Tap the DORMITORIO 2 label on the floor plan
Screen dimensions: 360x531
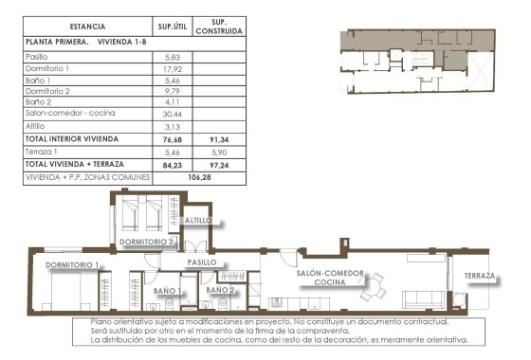(x=146, y=243)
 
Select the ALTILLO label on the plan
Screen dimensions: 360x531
(x=198, y=220)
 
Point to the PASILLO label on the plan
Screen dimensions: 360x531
(x=202, y=262)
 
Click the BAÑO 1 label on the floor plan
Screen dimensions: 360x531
(x=166, y=290)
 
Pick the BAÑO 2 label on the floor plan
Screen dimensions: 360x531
(x=220, y=290)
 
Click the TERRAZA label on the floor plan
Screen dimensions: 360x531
(x=481, y=277)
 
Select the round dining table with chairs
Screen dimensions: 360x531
(x=375, y=280)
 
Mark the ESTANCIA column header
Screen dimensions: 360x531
(x=87, y=27)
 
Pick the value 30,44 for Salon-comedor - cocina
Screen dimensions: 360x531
(x=171, y=111)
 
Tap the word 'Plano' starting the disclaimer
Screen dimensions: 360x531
(x=101, y=322)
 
